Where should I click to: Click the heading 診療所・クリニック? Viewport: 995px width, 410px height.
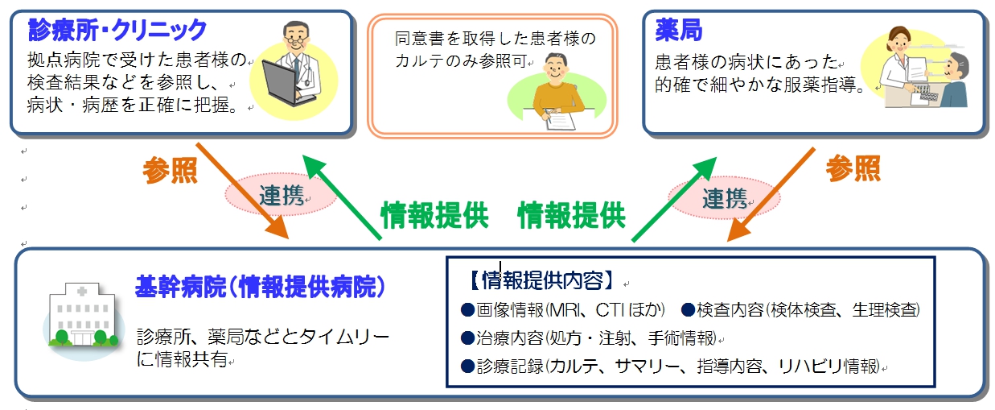coord(117,31)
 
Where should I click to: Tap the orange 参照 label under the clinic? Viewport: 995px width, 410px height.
coord(170,170)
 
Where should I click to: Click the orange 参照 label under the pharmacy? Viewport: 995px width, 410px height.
coord(853,168)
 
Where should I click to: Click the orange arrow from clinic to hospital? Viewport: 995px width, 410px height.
coord(241,191)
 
